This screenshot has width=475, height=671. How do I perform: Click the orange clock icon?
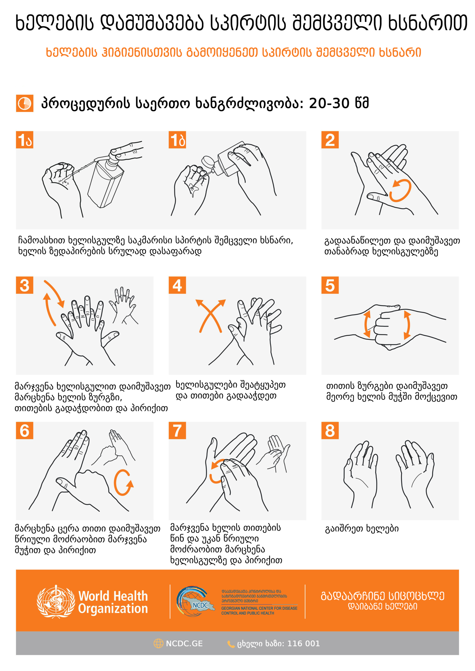[x=25, y=103]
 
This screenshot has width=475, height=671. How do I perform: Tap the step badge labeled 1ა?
[x=25, y=140]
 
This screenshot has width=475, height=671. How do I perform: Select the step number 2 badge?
[x=330, y=140]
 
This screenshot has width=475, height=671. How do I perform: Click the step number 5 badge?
[x=330, y=285]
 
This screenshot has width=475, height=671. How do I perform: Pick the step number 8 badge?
[x=330, y=430]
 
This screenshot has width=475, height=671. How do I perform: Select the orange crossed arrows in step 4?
[x=210, y=316]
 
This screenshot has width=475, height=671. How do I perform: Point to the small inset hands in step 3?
[x=123, y=305]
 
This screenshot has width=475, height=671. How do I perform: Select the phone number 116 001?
[x=304, y=643]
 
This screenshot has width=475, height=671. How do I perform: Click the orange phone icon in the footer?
[x=231, y=644]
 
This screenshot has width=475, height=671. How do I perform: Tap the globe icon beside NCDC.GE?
[x=158, y=643]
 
